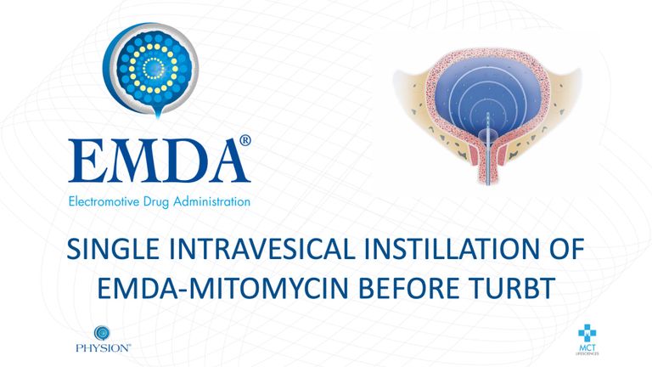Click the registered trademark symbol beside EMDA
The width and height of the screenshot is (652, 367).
pyautogui.click(x=245, y=140)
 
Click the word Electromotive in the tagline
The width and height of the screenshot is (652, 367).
pyautogui.click(x=104, y=202)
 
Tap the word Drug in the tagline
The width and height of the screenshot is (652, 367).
pyautogui.click(x=156, y=203)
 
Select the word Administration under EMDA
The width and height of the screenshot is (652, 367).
pyautogui.click(x=211, y=202)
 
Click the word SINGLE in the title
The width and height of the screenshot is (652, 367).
pyautogui.click(x=113, y=249)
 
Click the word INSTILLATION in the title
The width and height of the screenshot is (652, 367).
pyautogui.click(x=452, y=249)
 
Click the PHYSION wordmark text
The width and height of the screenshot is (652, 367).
pyautogui.click(x=103, y=347)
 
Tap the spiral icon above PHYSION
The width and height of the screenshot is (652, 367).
pyautogui.click(x=102, y=333)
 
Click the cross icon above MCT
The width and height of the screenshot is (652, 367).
pyautogui.click(x=587, y=333)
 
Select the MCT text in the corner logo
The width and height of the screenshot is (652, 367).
pyautogui.click(x=587, y=347)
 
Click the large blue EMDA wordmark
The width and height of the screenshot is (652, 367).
pyautogui.click(x=160, y=161)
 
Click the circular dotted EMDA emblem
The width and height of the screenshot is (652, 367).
pyautogui.click(x=151, y=69)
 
